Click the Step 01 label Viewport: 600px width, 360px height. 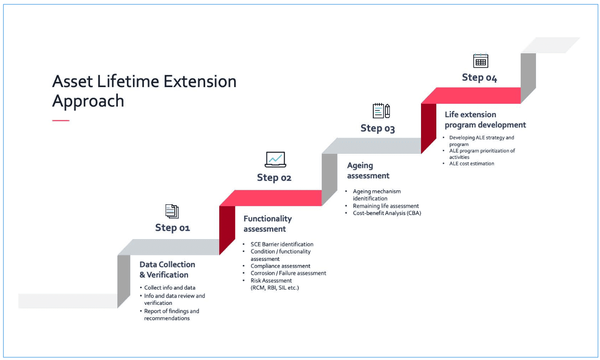click(x=172, y=227)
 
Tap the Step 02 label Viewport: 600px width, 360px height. click(x=274, y=177)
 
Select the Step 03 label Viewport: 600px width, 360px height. click(x=377, y=128)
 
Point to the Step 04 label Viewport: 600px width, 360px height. click(x=479, y=77)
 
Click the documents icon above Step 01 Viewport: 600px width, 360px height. click(x=172, y=211)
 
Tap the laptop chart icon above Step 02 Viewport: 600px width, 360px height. click(x=275, y=159)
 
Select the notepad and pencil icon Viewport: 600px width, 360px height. click(x=381, y=111)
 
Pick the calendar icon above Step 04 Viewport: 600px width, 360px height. click(x=480, y=61)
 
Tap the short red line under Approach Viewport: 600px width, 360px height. click(x=61, y=120)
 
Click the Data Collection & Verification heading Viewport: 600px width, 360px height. click(x=167, y=269)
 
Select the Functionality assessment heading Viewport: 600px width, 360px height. click(x=267, y=223)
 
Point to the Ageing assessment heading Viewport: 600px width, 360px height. click(x=368, y=171)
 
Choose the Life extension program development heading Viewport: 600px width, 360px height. click(x=485, y=120)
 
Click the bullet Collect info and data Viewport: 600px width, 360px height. click(x=170, y=288)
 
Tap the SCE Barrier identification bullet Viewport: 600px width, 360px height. click(x=282, y=244)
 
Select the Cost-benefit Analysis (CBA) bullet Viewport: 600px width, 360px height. click(x=387, y=213)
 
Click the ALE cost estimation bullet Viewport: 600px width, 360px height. click(x=472, y=164)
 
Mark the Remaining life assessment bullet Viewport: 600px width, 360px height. click(x=386, y=206)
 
